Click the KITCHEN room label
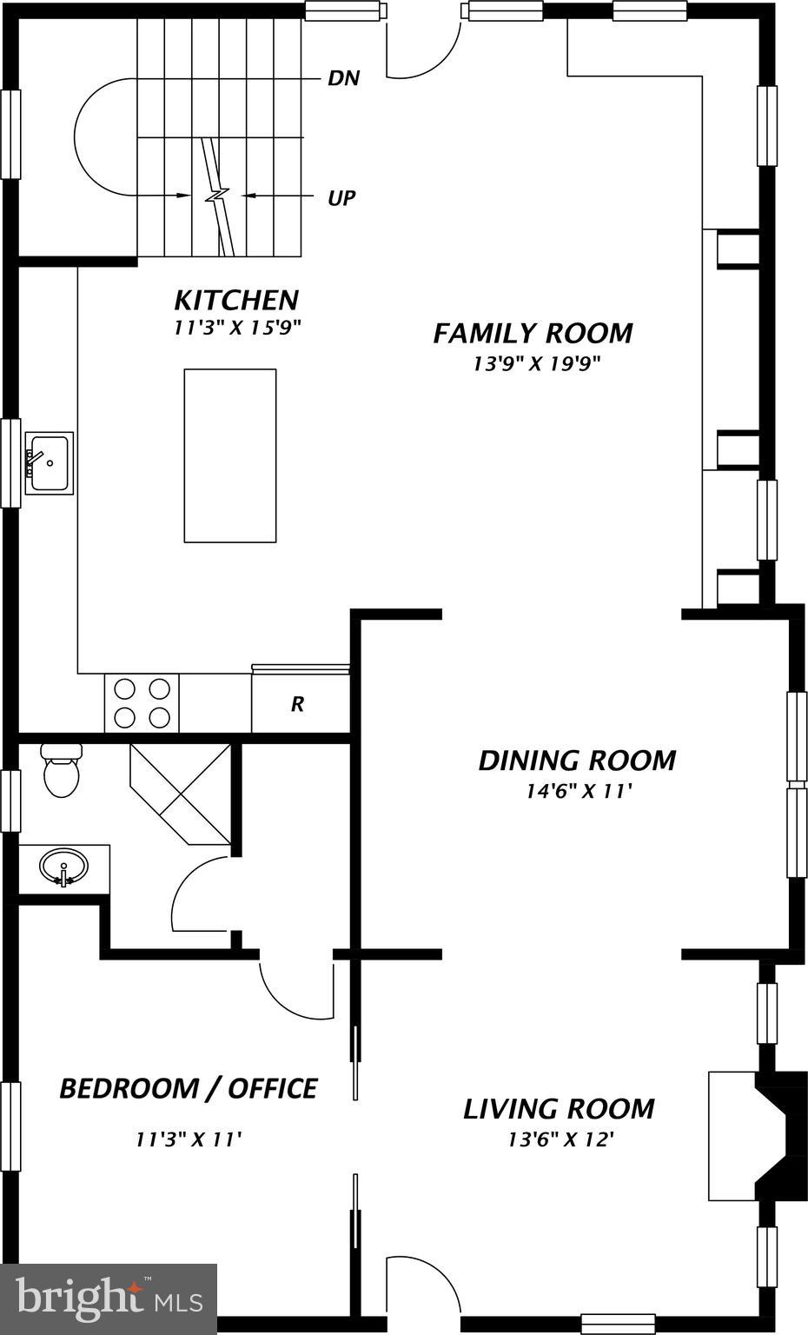click(236, 300)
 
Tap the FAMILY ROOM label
click(533, 333)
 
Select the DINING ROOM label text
click(577, 760)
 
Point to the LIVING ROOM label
click(558, 1108)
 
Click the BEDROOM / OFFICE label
click(188, 1088)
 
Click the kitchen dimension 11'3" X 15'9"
click(236, 329)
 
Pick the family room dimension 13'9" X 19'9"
click(536, 363)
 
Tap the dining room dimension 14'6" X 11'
click(577, 791)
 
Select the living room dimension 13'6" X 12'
click(561, 1139)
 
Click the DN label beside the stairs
click(343, 78)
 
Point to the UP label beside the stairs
click(341, 198)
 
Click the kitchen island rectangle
click(230, 455)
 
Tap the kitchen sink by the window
click(49, 462)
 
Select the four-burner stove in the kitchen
click(142, 703)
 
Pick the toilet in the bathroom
click(61, 771)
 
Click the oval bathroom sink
click(63, 867)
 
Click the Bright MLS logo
click(109, 1298)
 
